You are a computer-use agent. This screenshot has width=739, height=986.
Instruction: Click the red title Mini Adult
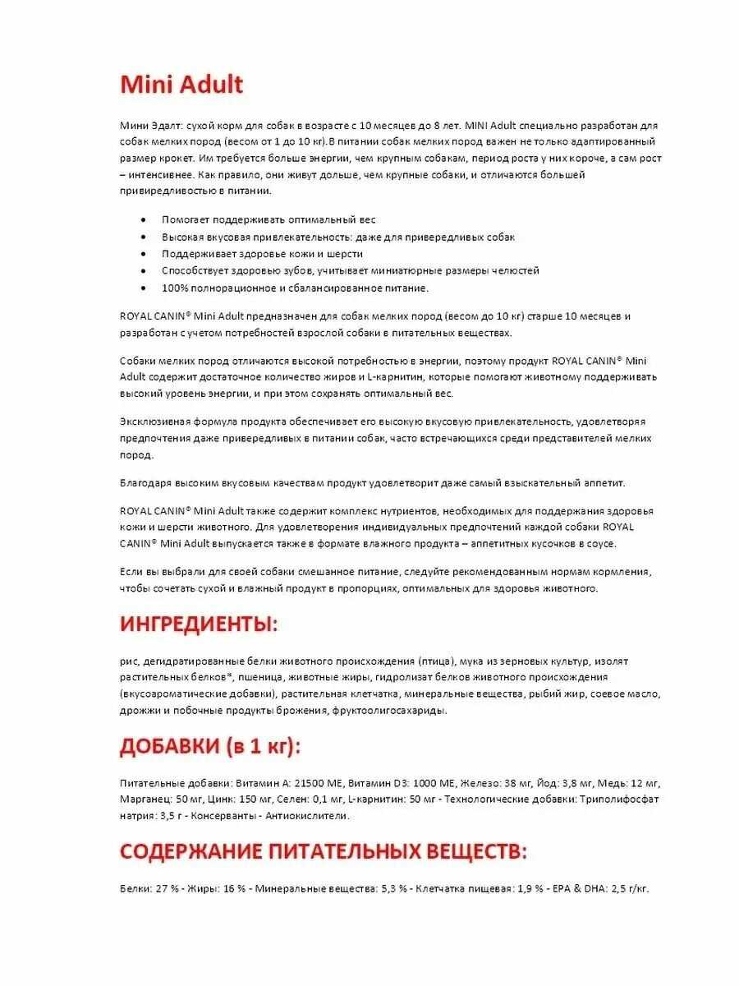(x=181, y=85)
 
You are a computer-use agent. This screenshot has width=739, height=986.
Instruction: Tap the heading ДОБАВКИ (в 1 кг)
(x=210, y=746)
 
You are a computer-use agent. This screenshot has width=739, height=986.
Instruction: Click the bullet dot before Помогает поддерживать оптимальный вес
(x=145, y=220)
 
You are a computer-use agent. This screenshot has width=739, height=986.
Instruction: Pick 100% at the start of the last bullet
(x=176, y=288)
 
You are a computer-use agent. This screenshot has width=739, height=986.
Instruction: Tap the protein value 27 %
(x=164, y=889)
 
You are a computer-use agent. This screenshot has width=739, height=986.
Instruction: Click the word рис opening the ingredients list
(x=128, y=661)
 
